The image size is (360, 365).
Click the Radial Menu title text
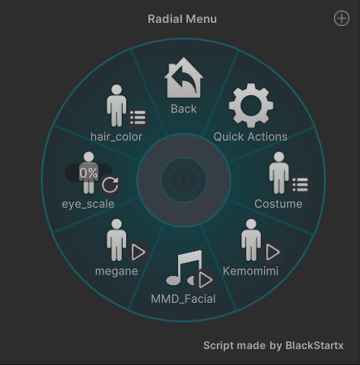[x=182, y=19]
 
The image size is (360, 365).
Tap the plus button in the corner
[x=342, y=18]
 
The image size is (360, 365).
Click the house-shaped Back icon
[x=183, y=78]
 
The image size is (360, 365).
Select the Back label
[x=183, y=109]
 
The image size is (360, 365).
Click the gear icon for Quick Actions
[x=251, y=105]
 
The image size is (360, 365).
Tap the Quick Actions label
[x=250, y=137]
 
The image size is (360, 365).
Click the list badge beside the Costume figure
[x=301, y=185]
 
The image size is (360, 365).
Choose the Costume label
[x=279, y=204]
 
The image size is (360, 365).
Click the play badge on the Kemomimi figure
[x=272, y=252]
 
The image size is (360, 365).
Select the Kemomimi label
[x=250, y=271]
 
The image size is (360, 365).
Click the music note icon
[x=184, y=268]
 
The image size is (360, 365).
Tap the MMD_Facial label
[x=183, y=299]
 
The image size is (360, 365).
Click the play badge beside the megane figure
[x=138, y=252]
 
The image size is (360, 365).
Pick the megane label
[x=116, y=271]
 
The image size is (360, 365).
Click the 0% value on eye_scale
[x=88, y=173]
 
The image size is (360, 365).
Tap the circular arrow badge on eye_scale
[x=110, y=185]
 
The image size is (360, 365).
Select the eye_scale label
[x=88, y=204]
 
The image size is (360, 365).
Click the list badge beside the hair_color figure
[x=138, y=118]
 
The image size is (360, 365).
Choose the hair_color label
[x=116, y=137]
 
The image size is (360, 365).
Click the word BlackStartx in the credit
[x=314, y=345]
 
